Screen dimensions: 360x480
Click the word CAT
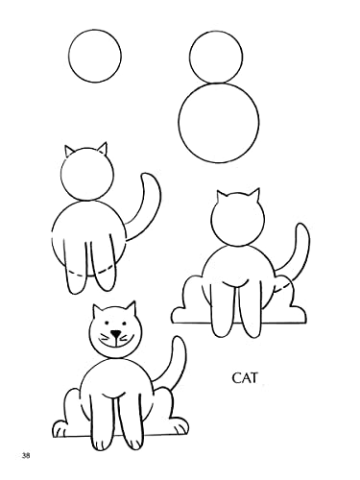pyautogui.click(x=245, y=378)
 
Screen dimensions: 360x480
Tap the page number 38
pyautogui.click(x=26, y=456)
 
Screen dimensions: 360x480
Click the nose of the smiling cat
pyautogui.click(x=115, y=334)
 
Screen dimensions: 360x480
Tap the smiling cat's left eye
pyautogui.click(x=107, y=323)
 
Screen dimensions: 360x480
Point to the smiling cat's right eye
pyautogui.click(x=124, y=323)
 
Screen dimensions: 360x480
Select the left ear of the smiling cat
pyautogui.click(x=97, y=311)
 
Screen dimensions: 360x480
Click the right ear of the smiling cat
pyautogui.click(x=131, y=308)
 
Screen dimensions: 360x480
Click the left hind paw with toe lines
pyautogui.click(x=61, y=428)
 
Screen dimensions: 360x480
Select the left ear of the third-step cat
pyautogui.click(x=69, y=151)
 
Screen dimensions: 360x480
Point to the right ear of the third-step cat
pyautogui.click(x=103, y=148)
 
